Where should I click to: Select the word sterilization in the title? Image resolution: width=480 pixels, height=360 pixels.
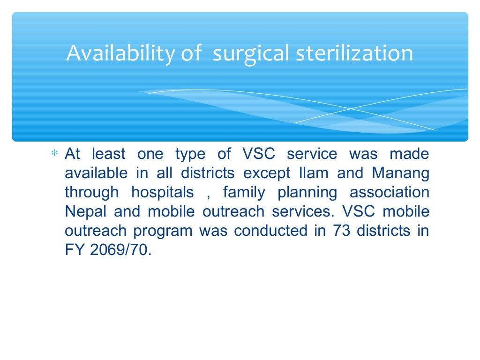coord(354,53)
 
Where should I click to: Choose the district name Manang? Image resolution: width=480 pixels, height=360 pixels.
coord(401,173)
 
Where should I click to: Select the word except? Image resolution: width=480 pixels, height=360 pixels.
coord(266,173)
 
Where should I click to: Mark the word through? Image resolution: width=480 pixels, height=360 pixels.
coord(92,193)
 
